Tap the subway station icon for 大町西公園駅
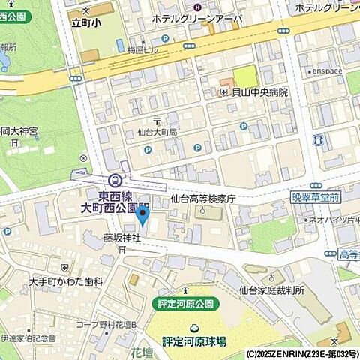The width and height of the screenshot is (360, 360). (114, 180)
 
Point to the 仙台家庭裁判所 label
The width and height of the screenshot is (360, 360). (271, 289)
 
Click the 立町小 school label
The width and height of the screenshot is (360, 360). (85, 22)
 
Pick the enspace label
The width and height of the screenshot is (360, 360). (327, 71)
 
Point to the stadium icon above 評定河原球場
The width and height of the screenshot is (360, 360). (195, 327)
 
